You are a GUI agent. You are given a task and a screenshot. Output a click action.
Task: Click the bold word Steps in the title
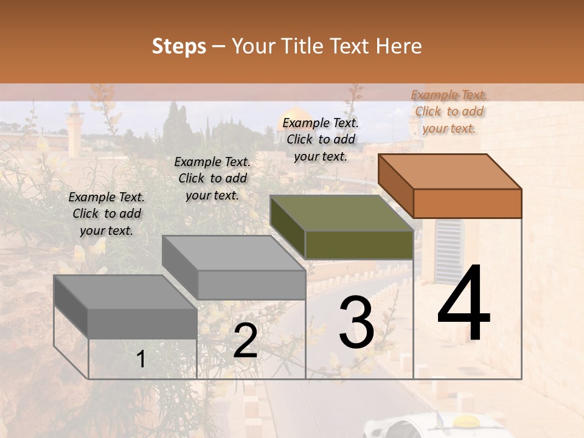[x=179, y=46]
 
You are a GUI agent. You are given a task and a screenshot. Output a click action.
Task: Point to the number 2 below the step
[x=245, y=341]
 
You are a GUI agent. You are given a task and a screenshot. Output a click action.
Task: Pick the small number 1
[x=141, y=359]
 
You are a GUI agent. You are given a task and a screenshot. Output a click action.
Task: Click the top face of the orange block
[x=449, y=172]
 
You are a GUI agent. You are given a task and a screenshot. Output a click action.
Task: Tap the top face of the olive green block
[x=341, y=213]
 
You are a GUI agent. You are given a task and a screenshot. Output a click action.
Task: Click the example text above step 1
[x=106, y=214]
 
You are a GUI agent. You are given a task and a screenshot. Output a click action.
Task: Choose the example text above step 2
[x=212, y=178]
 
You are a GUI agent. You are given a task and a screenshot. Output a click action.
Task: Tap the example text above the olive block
[x=321, y=139]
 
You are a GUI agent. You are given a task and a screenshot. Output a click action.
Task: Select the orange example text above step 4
[x=449, y=111]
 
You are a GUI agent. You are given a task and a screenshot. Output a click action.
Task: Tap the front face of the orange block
[x=467, y=203]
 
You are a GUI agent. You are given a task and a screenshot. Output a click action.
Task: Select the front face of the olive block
[x=359, y=245]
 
